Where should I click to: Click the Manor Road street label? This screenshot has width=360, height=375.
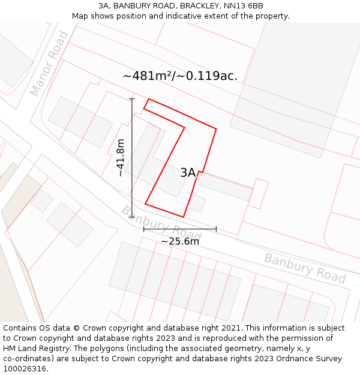pyautogui.click(x=49, y=64)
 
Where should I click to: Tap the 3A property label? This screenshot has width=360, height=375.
pyautogui.click(x=188, y=173)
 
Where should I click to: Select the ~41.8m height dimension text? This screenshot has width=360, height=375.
pyautogui.click(x=121, y=157)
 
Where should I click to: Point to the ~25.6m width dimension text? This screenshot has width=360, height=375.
pyautogui.click(x=180, y=241)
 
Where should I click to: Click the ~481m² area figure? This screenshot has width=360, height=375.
pyautogui.click(x=148, y=76)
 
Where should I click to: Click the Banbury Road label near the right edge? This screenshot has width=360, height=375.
pyautogui.click(x=305, y=268)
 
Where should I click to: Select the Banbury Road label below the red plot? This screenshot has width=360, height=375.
pyautogui.click(x=161, y=222)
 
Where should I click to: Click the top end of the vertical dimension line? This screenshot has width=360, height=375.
pyautogui.click(x=132, y=98)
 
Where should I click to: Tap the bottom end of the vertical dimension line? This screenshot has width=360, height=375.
pyautogui.click(x=132, y=217)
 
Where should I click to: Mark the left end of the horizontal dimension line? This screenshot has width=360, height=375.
pyautogui.click(x=144, y=229)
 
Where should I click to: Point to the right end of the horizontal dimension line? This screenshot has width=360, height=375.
pyautogui.click(x=216, y=229)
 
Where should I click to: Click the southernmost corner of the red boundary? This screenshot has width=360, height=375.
pyautogui.click(x=183, y=217)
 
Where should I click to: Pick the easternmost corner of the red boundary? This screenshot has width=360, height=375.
pyautogui.click(x=216, y=128)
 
